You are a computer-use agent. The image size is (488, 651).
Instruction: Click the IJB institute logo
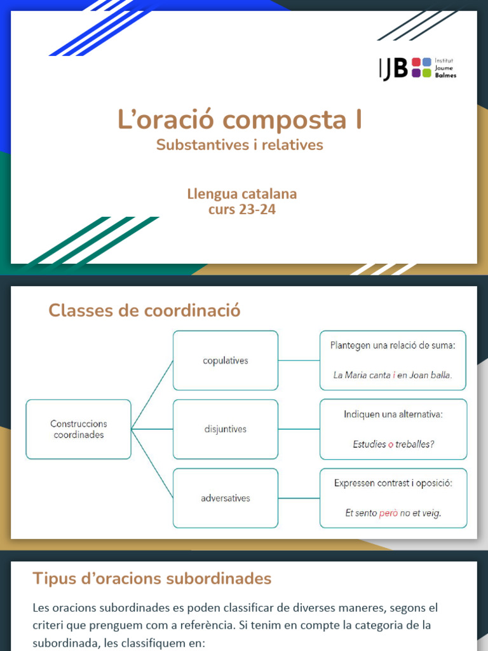417,67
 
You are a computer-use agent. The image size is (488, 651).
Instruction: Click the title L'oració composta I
240,120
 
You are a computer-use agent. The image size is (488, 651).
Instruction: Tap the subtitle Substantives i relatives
240,145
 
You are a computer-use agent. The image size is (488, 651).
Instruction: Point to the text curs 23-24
242,209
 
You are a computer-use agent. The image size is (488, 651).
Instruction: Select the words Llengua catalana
242,193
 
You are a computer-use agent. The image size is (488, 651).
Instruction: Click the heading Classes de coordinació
144,310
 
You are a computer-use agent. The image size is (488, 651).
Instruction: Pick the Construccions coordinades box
79,429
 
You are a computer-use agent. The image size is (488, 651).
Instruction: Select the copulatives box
226,360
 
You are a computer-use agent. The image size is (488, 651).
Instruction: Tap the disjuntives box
226,429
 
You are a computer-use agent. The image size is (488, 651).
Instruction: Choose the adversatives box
226,498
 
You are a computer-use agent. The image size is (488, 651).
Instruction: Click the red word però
388,513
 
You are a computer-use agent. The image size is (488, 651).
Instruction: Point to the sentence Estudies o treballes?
393,444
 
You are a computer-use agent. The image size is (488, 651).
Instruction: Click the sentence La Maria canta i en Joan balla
393,375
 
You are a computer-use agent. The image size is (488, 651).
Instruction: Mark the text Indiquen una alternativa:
393,415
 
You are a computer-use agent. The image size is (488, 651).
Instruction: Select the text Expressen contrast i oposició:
393,483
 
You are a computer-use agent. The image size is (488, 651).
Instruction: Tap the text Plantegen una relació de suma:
393,345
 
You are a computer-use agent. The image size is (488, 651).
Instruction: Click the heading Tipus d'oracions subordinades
152,579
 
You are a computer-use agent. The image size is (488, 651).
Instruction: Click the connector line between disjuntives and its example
299,429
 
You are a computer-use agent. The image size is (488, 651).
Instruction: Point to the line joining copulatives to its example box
299,360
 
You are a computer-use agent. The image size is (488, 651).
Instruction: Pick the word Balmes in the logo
445,75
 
